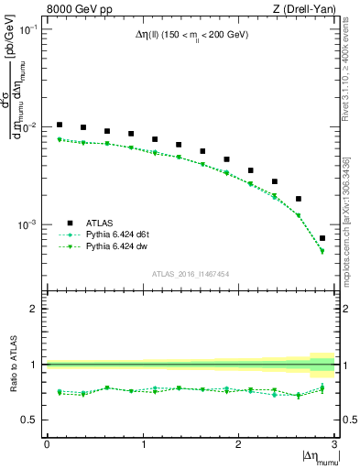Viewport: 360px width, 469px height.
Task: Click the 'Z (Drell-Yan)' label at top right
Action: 303,10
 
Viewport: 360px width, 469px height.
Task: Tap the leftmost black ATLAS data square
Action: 60,125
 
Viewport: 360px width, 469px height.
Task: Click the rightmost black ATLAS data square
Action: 322,238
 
